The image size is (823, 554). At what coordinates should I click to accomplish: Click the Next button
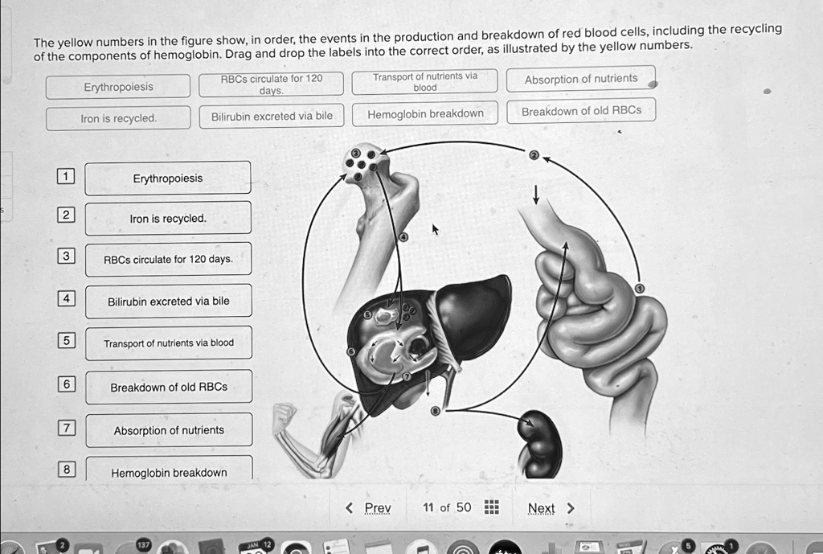click(551, 508)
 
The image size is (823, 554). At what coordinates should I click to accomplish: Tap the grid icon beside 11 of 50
click(491, 507)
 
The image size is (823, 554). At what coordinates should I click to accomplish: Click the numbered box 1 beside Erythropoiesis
click(66, 176)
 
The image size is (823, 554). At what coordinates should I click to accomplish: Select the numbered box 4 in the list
click(66, 298)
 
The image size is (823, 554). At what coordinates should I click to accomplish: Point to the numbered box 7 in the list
click(67, 428)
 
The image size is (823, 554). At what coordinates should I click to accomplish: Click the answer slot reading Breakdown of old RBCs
click(169, 387)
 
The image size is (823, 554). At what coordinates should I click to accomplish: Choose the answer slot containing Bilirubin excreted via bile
click(169, 301)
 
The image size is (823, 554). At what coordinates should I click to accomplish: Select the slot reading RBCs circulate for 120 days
click(168, 259)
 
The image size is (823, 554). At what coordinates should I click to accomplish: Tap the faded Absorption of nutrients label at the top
click(581, 79)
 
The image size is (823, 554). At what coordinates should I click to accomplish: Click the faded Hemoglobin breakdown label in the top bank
click(425, 114)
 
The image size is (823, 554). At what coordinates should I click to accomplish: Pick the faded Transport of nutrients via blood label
click(424, 82)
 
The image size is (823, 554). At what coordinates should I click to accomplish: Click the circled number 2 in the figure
click(534, 155)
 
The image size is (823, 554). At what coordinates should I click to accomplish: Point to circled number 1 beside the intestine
click(640, 289)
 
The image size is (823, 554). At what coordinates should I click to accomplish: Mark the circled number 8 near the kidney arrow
click(435, 411)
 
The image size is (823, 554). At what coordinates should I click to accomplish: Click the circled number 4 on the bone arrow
click(403, 237)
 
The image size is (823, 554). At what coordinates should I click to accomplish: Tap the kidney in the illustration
click(539, 444)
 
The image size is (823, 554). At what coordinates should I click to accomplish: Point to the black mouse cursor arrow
click(435, 229)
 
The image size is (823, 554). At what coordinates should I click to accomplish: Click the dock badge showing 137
click(143, 544)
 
